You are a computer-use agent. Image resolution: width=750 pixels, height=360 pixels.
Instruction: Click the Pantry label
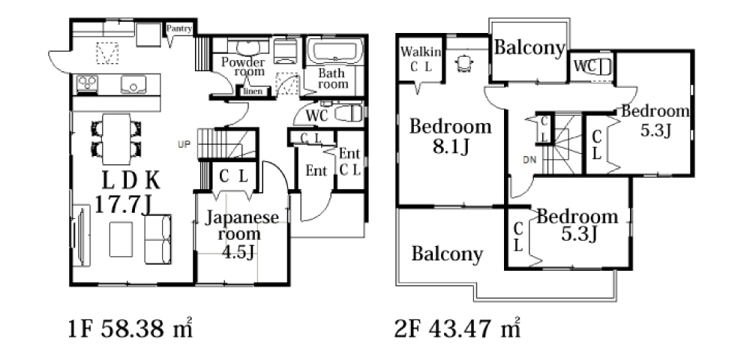179,28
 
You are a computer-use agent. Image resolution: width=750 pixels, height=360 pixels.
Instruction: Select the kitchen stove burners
87,83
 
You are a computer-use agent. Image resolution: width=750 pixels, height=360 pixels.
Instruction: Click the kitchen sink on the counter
133,84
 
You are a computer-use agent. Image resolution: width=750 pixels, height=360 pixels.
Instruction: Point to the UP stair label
184,144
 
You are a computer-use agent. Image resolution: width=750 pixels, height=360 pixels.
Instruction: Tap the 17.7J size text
123,205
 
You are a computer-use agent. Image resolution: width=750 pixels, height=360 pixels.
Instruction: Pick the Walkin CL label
421,58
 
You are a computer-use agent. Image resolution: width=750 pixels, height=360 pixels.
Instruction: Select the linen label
253,91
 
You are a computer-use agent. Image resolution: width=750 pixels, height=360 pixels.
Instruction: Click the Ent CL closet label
349,162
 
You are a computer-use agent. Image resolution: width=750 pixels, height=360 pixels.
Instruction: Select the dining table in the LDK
116,139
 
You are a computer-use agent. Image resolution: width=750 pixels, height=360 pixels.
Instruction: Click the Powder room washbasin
247,48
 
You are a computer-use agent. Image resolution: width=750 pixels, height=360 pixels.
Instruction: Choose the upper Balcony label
529,48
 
